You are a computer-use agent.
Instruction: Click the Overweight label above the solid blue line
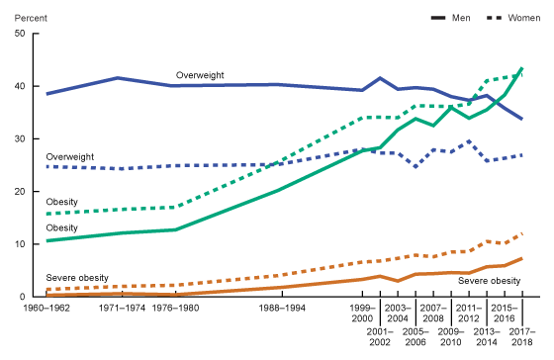coord(202,75)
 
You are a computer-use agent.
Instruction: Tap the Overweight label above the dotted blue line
coord(70,157)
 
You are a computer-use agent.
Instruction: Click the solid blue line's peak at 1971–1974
coord(118,77)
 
